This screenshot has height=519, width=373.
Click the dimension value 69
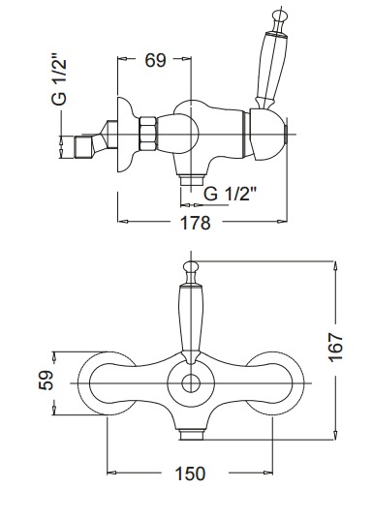coord(155,60)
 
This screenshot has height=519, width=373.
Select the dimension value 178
coord(196,223)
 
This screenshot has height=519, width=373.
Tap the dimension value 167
coord(336,348)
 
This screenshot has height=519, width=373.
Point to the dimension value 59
coord(46,380)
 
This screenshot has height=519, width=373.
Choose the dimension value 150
coord(190,473)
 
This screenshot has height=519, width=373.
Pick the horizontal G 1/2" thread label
coord(231,194)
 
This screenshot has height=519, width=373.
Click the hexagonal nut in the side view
coord(147,134)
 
